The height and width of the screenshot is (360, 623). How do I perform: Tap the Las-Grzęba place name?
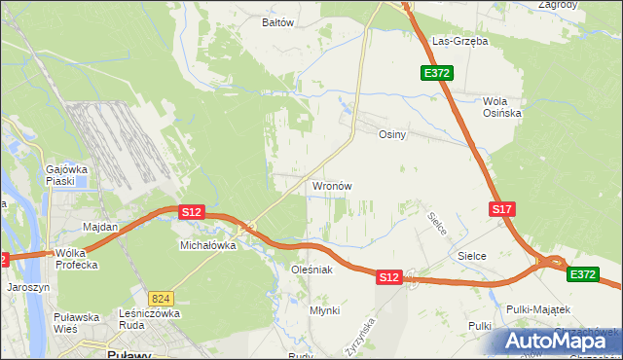(x=459, y=42)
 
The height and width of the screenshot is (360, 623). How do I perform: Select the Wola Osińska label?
(x=502, y=106)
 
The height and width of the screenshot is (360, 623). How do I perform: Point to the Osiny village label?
(x=391, y=135)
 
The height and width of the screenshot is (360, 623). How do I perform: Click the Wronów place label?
(x=331, y=185)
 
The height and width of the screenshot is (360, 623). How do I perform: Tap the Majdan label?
(x=100, y=227)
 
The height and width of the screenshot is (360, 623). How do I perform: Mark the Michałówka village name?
(x=208, y=246)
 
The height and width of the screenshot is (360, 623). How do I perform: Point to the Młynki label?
(x=324, y=309)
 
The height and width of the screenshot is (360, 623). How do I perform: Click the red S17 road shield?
(x=501, y=209)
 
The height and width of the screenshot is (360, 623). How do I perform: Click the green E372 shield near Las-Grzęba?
(x=435, y=74)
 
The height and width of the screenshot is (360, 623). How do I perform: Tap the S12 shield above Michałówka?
(x=191, y=211)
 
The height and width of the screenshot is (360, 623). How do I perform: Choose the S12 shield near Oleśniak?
(x=389, y=277)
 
